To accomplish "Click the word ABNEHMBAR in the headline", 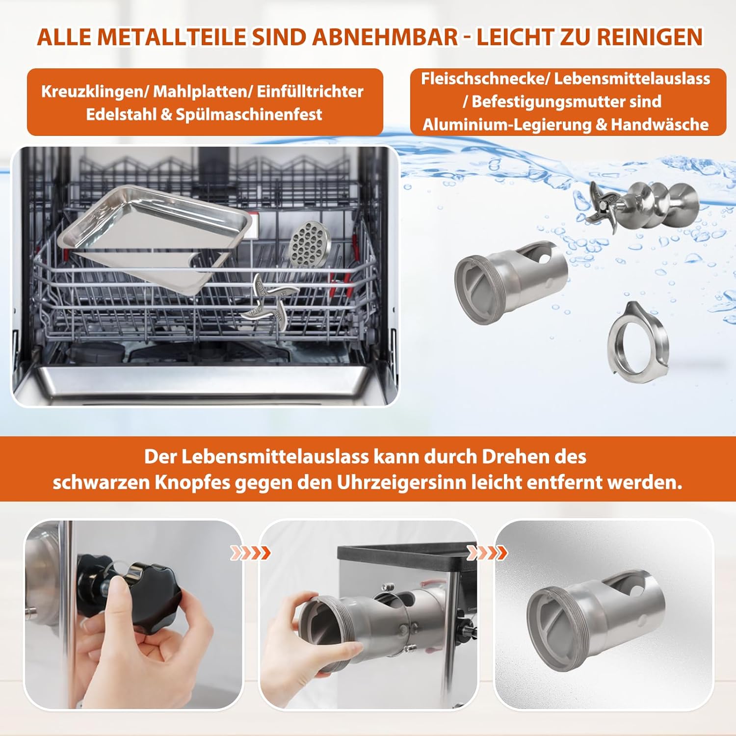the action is (384, 37).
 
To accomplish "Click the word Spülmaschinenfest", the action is (249, 114).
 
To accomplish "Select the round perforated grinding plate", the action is (310, 244).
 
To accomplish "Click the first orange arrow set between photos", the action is (250, 553).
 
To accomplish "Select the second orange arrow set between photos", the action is (487, 553).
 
